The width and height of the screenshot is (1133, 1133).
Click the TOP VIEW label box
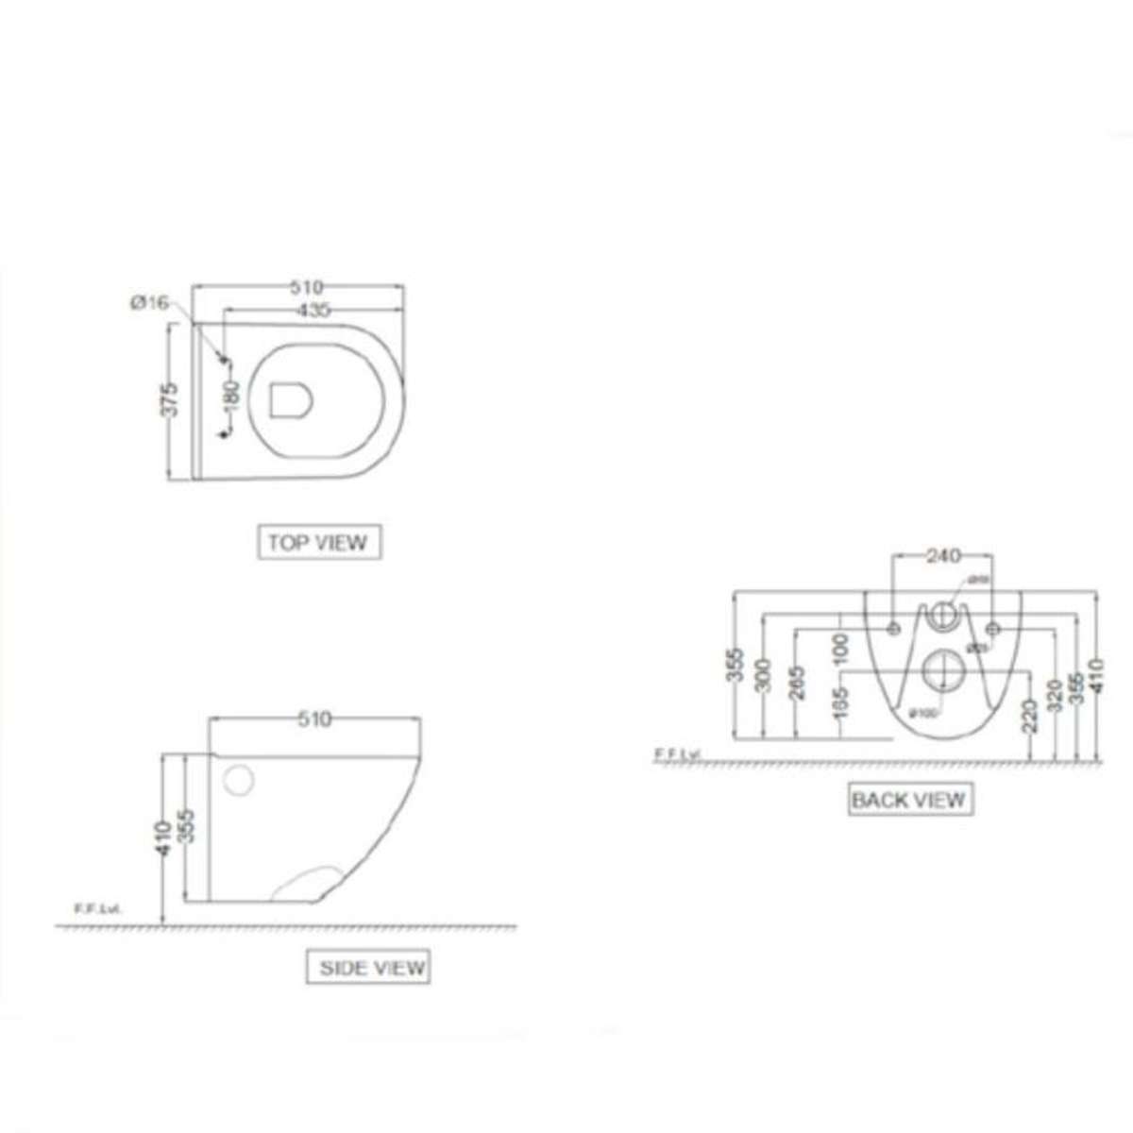[x=319, y=543]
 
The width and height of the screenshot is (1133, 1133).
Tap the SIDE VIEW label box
[x=368, y=968]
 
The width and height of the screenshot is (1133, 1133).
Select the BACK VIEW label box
[x=908, y=801]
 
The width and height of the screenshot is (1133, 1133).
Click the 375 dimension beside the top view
[x=169, y=400]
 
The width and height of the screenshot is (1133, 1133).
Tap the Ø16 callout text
[x=150, y=303]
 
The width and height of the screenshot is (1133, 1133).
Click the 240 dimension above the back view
[x=942, y=557]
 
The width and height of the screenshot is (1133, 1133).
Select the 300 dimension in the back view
[x=766, y=676]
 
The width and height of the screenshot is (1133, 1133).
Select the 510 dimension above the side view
[x=315, y=719]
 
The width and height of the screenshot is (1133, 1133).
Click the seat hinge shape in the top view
[x=292, y=399]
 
